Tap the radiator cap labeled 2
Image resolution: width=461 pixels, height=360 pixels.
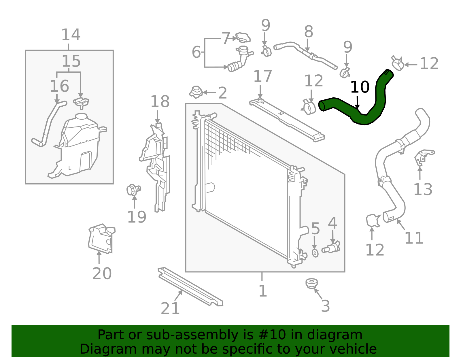tap(196, 92)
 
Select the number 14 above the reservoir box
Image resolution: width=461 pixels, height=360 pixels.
tap(71, 35)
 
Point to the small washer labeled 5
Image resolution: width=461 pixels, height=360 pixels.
tap(315, 253)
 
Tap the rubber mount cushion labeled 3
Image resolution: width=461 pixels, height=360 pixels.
tap(311, 283)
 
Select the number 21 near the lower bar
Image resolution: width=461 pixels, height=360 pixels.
tap(170, 309)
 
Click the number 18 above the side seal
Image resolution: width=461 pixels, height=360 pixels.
tap(160, 102)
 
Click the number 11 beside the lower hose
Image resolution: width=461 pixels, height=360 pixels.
tap(414, 238)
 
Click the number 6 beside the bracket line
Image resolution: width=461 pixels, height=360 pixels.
tap(196, 52)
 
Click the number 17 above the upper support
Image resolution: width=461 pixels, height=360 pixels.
tap(262, 76)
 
